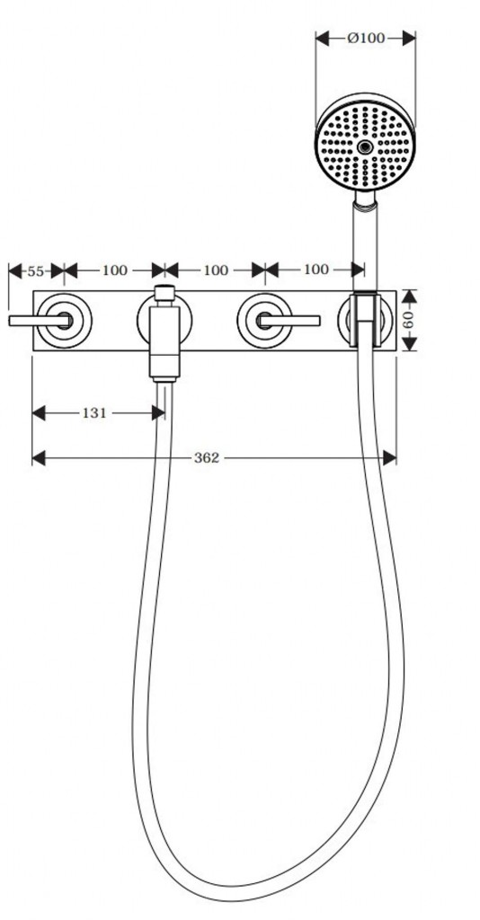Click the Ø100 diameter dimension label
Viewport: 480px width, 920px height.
click(366, 38)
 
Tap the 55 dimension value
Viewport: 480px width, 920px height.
click(36, 271)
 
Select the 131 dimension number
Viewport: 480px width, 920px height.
click(93, 413)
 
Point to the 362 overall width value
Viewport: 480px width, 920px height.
click(207, 457)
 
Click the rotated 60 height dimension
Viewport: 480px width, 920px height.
click(409, 321)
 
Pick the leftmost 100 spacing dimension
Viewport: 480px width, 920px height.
click(114, 270)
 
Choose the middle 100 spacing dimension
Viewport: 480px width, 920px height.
click(216, 270)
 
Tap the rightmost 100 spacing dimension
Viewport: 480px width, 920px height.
click(316, 270)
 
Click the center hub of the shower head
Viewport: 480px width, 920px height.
click(365, 146)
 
